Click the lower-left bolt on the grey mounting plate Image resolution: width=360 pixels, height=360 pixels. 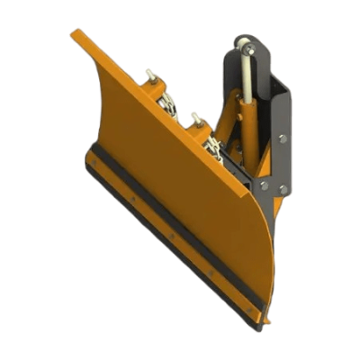coord(264,184)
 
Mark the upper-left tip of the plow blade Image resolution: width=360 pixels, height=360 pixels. coord(76,35)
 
